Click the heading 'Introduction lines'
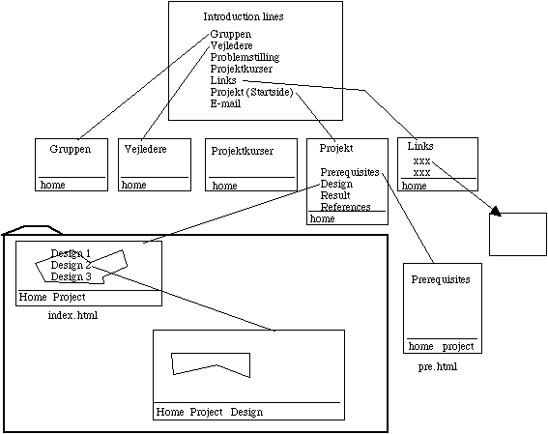coord(244,16)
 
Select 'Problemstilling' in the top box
coord(245,57)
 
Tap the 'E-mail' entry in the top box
coord(225,103)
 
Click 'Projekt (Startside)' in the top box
coord(251,92)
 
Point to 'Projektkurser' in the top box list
coord(242,69)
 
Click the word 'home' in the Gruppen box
coord(53,185)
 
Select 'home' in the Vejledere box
coord(133,185)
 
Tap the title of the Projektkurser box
coord(243,151)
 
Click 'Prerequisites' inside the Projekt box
coord(350,172)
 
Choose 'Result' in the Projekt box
coord(335,195)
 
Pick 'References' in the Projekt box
coord(345,207)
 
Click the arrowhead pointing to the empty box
coord(496,211)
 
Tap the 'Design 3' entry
coord(71,276)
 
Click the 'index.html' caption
coord(72,315)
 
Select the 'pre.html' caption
coord(438,366)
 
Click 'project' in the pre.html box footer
coord(458,346)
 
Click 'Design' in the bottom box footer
coord(246,412)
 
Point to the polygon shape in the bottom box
coord(211,364)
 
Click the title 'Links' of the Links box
coord(420,146)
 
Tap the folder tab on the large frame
coord(32,230)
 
